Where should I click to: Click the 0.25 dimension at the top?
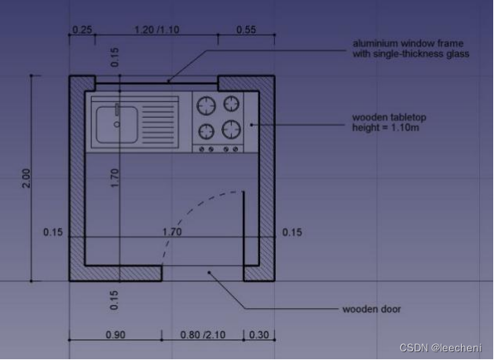click(x=82, y=30)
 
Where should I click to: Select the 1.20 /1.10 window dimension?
click(x=157, y=30)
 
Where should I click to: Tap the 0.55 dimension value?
click(x=246, y=30)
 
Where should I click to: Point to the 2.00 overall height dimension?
click(x=27, y=178)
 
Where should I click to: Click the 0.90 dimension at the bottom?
click(x=115, y=335)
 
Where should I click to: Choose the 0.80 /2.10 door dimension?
click(x=203, y=335)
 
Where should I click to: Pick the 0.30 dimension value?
click(x=259, y=335)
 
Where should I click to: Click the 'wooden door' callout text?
click(x=371, y=309)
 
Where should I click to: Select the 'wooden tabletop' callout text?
click(x=389, y=117)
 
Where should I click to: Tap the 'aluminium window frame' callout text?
click(x=408, y=43)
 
